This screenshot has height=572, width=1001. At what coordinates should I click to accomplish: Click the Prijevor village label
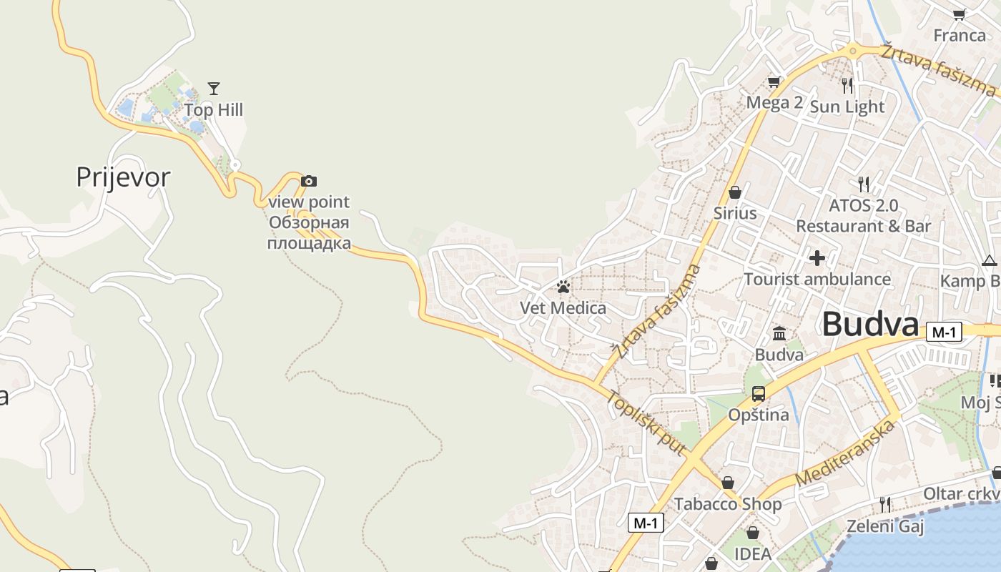123,177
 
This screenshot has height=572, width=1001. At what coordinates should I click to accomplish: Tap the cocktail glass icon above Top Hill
213,89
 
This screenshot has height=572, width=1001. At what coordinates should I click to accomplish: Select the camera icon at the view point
309,181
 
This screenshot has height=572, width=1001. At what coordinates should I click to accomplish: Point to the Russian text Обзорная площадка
309,233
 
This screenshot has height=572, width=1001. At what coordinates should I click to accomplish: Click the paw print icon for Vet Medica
563,287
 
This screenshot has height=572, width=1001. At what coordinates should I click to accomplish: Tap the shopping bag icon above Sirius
734,192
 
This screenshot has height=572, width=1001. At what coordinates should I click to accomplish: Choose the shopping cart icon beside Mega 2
774,82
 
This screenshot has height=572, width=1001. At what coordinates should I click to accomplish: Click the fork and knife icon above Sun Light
847,86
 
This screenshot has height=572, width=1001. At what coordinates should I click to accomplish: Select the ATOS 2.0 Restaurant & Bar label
863,216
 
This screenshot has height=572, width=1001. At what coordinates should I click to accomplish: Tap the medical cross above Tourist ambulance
817,257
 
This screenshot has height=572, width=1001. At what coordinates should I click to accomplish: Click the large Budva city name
869,325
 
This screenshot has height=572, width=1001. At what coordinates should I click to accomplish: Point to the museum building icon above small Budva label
779,333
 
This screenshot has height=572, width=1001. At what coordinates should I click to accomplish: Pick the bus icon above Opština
758,393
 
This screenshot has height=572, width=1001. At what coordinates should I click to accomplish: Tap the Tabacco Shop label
728,504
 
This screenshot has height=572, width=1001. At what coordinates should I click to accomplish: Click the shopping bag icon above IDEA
752,533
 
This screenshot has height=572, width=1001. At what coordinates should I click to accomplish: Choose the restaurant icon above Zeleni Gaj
885,505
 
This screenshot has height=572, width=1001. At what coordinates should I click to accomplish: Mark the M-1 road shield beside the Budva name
944,332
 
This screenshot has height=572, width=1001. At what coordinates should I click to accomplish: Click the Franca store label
960,35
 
